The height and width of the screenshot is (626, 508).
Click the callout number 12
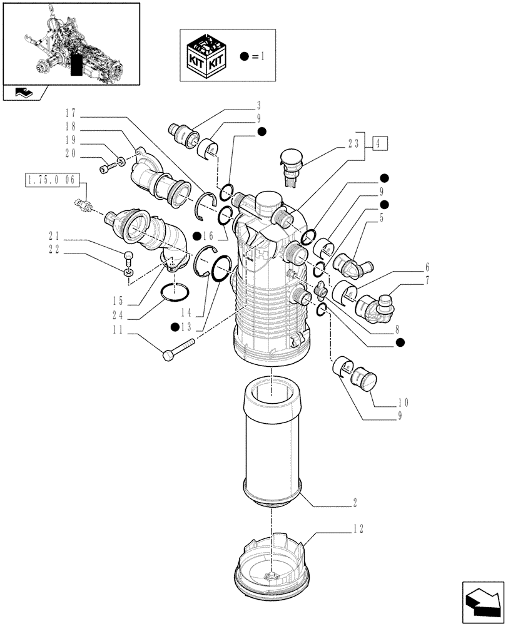357,528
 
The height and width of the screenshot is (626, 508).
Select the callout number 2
356,502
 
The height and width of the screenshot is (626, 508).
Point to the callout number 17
68,113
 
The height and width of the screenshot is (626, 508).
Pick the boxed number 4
380,143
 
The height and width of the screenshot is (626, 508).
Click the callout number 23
356,143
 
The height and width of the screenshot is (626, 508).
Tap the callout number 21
54,235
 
